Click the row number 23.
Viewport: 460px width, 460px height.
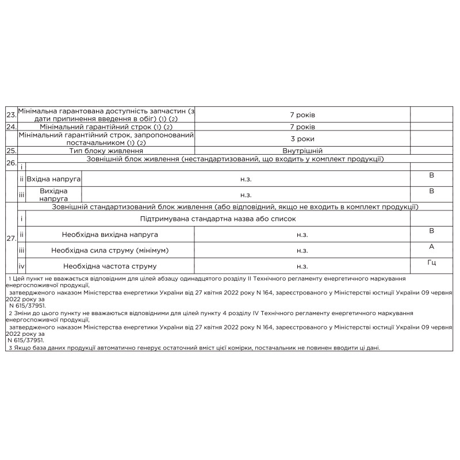[11, 115]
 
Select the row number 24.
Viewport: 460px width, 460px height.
[11, 126]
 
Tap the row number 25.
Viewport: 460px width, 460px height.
[11, 151]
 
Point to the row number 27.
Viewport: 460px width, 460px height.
[11, 238]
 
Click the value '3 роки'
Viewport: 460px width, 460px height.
[302, 139]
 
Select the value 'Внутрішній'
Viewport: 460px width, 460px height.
[302, 151]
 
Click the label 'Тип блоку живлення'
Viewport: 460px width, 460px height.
[106, 151]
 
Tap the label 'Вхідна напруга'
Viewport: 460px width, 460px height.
[54, 179]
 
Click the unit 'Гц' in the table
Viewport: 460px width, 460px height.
[432, 262]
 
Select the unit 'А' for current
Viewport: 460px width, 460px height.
[432, 246]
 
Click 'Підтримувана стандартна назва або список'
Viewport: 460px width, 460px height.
[217, 219]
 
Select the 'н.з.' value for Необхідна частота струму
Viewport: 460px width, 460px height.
[302, 266]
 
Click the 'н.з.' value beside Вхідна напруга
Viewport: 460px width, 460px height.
[246, 179]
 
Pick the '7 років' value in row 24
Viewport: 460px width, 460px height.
[302, 126]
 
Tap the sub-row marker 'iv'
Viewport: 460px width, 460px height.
[22, 266]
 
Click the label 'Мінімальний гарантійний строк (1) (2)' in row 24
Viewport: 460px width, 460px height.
[106, 126]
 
